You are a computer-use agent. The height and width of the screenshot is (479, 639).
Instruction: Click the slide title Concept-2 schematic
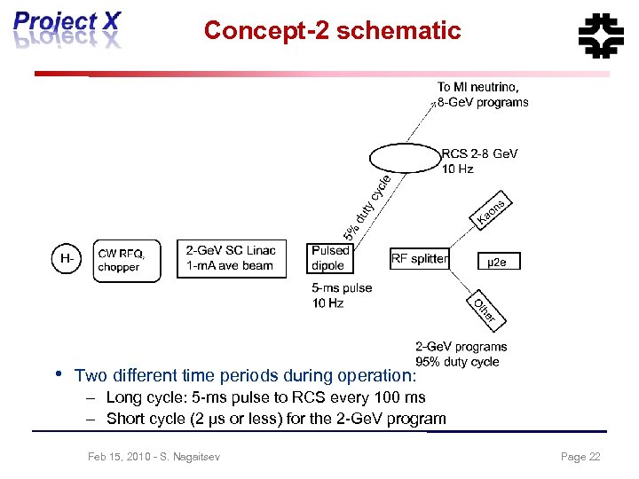coord(332,31)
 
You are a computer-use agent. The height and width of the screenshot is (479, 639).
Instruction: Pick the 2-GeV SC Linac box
coord(233,258)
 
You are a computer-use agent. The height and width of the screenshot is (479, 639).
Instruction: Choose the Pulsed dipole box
coord(330,258)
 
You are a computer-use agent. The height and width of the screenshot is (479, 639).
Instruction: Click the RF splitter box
coord(419,259)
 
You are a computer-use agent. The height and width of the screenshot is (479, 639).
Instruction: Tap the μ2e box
coord(499,262)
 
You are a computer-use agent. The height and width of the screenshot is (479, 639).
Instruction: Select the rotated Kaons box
coord(491,209)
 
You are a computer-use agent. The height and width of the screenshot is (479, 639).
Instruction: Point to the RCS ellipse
coord(404,159)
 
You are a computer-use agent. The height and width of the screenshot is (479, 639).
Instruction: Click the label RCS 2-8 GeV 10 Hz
coord(479,161)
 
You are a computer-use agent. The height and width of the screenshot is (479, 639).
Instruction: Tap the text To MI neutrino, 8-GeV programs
coord(482,94)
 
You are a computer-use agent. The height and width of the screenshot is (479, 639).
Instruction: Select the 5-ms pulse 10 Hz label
coord(341,295)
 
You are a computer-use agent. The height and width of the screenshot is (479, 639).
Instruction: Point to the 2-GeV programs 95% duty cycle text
coord(461,354)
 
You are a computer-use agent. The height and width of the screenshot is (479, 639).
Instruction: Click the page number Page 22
coord(580,457)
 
